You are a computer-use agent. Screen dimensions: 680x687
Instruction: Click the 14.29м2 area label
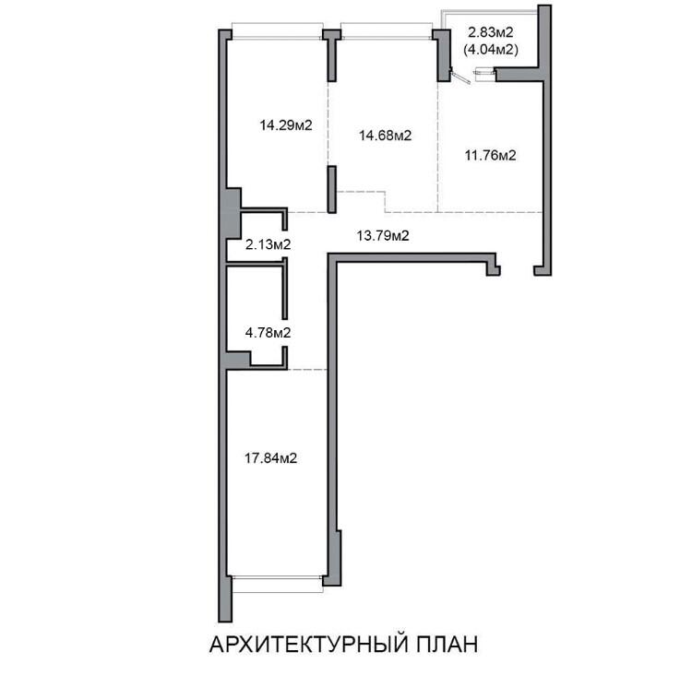(286, 125)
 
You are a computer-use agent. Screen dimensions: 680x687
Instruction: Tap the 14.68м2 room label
(386, 136)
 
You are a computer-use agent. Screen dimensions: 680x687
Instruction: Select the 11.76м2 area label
(491, 155)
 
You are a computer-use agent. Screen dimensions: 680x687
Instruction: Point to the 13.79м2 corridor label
(383, 236)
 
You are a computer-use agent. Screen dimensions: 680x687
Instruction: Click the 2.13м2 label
(268, 244)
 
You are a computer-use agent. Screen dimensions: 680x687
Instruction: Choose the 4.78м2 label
(268, 333)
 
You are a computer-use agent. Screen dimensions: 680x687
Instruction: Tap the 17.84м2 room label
(270, 458)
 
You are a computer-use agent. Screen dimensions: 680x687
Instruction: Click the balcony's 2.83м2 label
(491, 32)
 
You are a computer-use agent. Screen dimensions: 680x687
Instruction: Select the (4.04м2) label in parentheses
(491, 50)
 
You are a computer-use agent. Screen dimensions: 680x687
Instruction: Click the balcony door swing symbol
(460, 77)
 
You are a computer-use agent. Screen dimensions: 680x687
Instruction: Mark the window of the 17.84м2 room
(278, 585)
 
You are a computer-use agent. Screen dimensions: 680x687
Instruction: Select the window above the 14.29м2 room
(278, 31)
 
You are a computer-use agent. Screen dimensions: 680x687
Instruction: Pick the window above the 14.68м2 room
(387, 31)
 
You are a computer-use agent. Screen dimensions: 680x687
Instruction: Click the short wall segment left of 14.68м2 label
(332, 189)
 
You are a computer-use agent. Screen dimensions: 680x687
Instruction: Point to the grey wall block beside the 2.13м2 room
(233, 213)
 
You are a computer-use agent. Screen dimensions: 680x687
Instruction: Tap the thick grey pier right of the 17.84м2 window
(333, 558)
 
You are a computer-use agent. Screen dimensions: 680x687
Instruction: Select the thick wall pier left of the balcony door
(443, 55)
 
